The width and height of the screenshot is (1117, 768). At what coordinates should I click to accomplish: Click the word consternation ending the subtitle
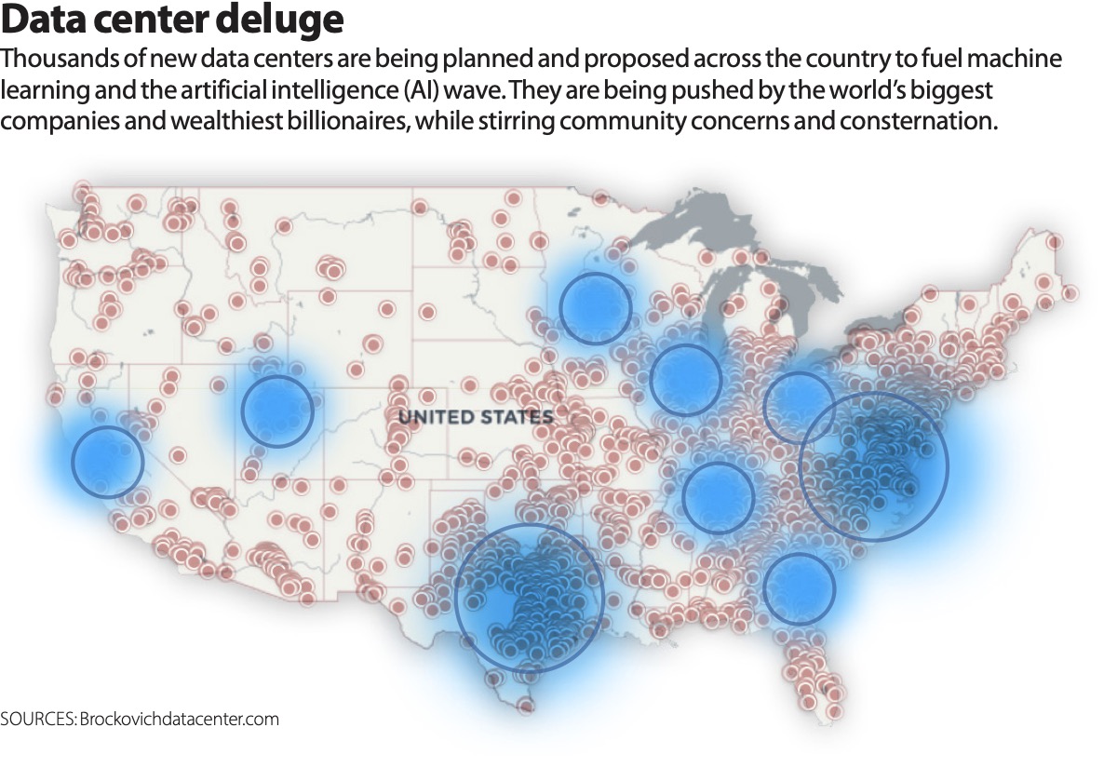pos(919,121)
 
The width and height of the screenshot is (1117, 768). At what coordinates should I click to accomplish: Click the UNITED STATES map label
pos(476,417)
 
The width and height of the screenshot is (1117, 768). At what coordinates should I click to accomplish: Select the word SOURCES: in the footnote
pos(38,719)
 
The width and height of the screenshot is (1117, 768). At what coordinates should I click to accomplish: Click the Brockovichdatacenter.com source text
pos(180,719)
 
